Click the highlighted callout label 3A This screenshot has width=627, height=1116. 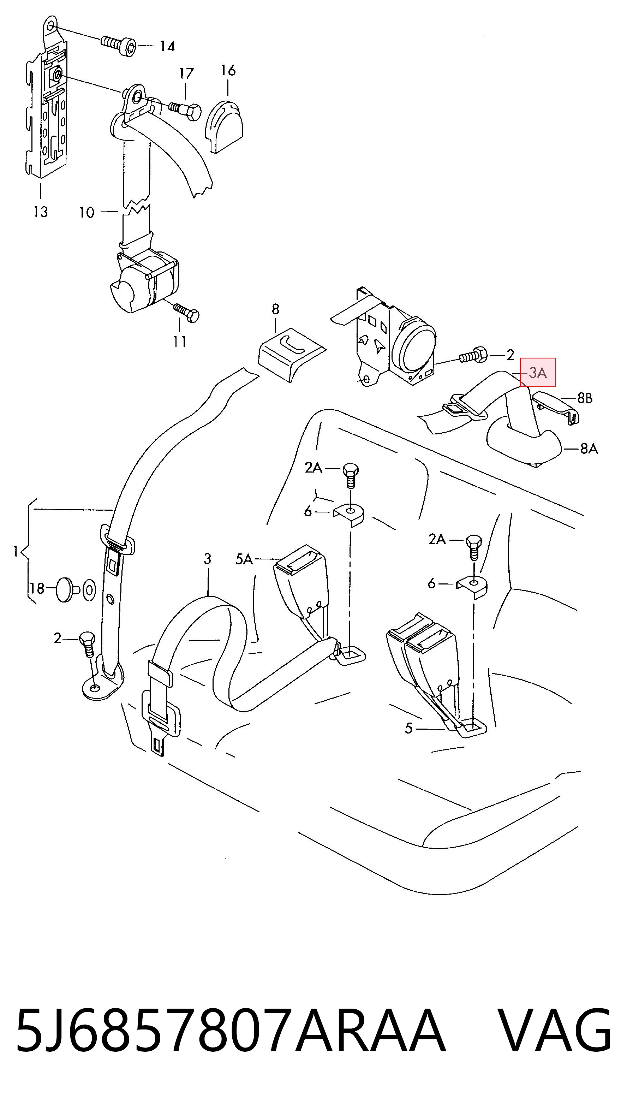538,372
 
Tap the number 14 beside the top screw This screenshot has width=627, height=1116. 167,46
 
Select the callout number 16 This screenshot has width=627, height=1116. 228,70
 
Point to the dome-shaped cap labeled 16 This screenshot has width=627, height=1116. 224,126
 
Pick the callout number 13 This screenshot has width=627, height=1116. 40,212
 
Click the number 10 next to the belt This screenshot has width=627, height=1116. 86,212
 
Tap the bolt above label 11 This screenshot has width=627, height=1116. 187,312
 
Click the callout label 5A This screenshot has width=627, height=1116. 244,559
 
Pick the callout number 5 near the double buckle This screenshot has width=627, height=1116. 409,729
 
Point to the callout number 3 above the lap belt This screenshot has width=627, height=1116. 208,559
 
